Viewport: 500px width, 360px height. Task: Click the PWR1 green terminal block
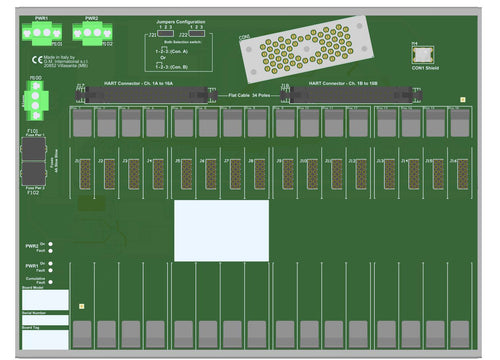(41, 33)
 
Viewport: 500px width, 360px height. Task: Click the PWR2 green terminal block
(92, 33)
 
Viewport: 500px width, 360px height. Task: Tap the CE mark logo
(37, 61)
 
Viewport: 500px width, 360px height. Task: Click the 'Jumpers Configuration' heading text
(180, 20)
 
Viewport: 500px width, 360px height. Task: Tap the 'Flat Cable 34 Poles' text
(249, 94)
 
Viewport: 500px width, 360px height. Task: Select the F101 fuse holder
(32, 148)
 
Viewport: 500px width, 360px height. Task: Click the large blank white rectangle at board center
(221, 230)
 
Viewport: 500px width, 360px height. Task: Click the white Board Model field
(45, 300)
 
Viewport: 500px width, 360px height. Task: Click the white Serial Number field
(45, 320)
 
